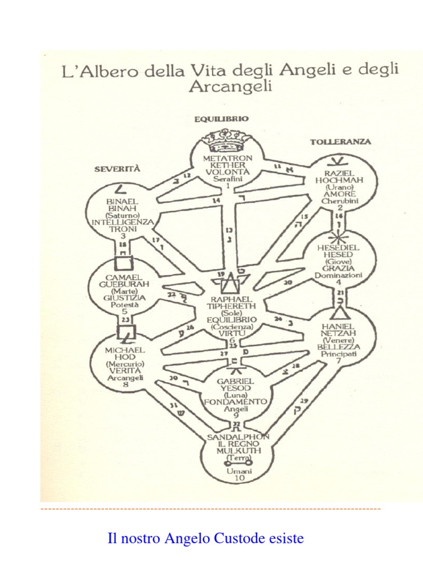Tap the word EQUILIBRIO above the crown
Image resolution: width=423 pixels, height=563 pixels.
(221, 118)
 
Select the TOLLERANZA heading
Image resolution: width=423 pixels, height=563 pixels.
(340, 141)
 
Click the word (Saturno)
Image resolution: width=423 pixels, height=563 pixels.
(122, 215)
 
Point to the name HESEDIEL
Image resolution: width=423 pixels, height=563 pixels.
(340, 248)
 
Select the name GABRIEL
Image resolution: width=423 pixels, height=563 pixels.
(235, 380)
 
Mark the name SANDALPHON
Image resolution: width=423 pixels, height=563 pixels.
(239, 437)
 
